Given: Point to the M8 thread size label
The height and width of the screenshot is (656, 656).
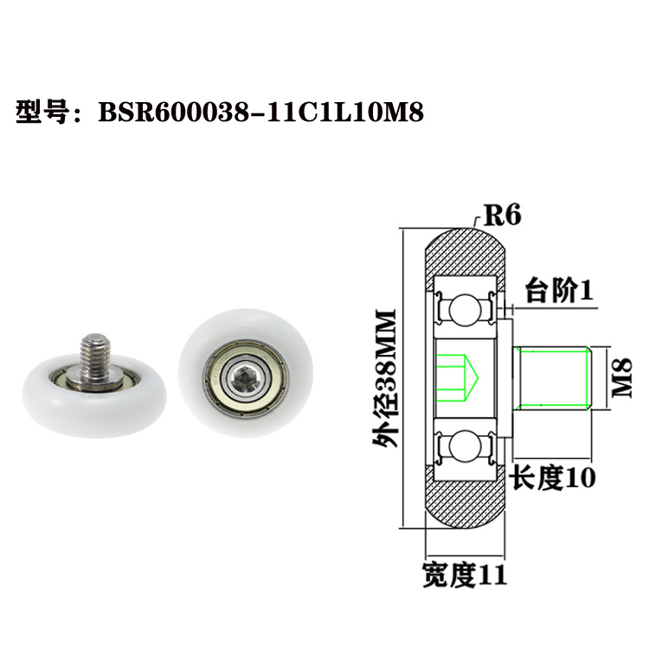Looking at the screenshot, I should (x=622, y=378).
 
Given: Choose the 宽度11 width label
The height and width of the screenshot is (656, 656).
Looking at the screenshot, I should (x=465, y=574).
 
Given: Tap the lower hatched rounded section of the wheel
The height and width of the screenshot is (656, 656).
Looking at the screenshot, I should (x=465, y=506).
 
